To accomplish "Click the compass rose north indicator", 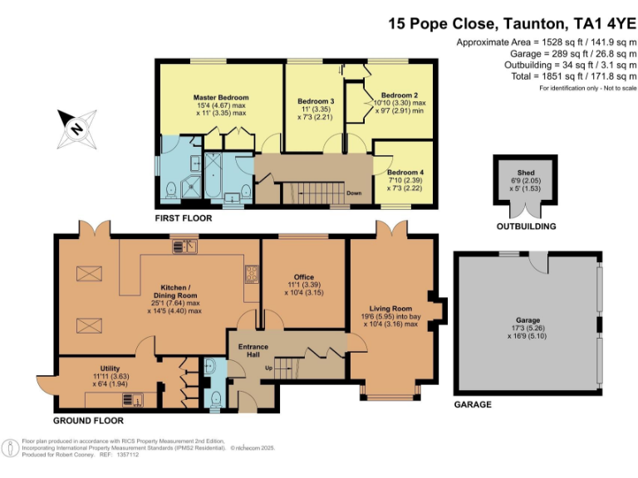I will pos(76,129).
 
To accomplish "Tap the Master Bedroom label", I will pos(215,97).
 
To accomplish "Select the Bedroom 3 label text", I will pos(315,101).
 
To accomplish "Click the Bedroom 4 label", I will pos(405,173).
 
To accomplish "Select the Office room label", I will pos(303,277).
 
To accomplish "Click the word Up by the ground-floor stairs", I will pos(267,367).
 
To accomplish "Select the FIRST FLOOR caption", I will pos(184,218).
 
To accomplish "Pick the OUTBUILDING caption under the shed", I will pos(526,227).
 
